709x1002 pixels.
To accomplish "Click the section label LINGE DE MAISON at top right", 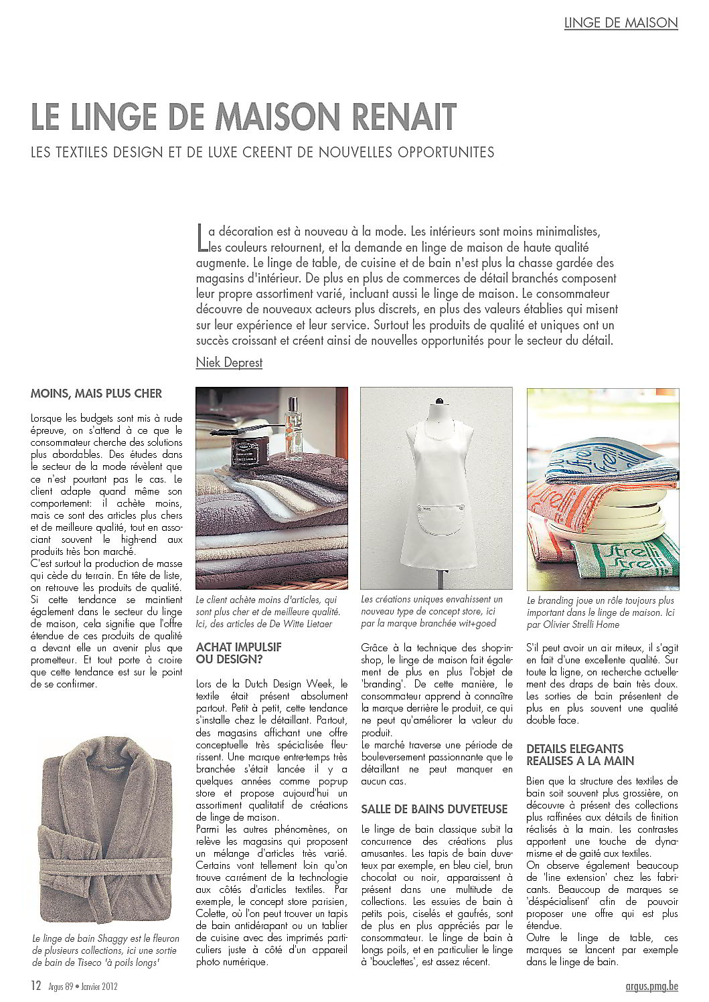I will coord(621,22).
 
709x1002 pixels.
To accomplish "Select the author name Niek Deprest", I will coord(229,362).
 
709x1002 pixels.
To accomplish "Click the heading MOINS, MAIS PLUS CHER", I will coord(96,393).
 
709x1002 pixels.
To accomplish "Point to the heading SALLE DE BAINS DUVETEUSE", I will coord(435,809).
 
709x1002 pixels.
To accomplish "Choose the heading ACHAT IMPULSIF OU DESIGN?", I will coord(238,653).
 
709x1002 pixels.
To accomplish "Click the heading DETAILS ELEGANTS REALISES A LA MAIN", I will coord(580,754).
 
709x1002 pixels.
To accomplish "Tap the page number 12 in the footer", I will coord(35,985).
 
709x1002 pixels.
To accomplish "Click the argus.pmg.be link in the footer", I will coord(647,985).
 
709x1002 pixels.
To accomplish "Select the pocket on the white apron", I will coord(436,514).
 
